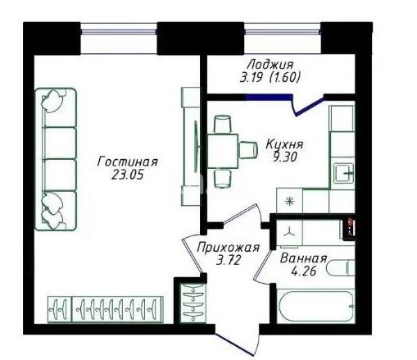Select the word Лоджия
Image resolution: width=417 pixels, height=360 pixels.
(x=270, y=65)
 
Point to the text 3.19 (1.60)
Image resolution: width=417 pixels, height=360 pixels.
(x=270, y=79)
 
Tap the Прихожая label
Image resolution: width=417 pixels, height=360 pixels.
(x=229, y=248)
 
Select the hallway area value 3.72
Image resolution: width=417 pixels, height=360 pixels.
(x=227, y=261)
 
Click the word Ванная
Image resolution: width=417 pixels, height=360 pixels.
(x=303, y=259)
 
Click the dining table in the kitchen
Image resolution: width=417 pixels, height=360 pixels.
(x=222, y=149)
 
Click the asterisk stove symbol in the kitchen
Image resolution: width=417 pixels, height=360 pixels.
(x=288, y=201)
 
